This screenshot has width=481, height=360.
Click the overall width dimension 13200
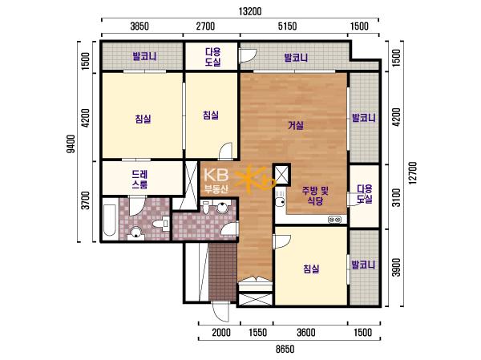(x=250, y=11)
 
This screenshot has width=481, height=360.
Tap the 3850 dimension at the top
(x=139, y=26)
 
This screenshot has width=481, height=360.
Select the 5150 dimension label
(x=288, y=26)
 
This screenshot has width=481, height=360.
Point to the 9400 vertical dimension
(x=71, y=144)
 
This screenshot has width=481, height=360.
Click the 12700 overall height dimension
(x=413, y=173)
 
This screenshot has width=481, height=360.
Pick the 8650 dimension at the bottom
(x=285, y=349)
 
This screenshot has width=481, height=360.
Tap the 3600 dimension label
(x=306, y=333)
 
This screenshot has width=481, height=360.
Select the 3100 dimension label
(x=397, y=198)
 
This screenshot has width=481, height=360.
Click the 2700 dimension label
(x=205, y=26)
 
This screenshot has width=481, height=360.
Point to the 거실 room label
(x=296, y=126)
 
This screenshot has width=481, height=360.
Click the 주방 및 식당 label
(x=315, y=196)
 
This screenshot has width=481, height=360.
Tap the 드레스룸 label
(x=139, y=180)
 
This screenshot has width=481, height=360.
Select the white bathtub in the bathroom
(x=110, y=220)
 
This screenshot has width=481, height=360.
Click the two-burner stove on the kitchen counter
(x=334, y=220)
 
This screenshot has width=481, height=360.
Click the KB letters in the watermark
(x=216, y=175)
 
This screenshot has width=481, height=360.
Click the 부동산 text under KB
(x=216, y=189)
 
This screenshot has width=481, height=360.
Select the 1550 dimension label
(x=257, y=333)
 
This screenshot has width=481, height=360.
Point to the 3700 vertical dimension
(x=87, y=200)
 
